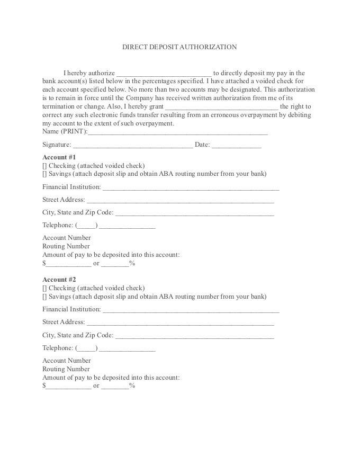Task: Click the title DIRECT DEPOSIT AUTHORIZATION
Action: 179,47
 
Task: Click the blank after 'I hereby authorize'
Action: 164,74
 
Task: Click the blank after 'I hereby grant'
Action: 221,107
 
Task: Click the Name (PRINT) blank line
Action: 177,132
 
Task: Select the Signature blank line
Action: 132,145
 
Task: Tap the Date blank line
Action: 237,145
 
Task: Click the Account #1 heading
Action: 59,157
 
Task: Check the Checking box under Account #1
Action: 44,166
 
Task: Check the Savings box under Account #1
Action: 44,174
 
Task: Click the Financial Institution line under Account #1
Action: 191,187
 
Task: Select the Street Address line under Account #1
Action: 180,200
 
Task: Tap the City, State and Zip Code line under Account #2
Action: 194,336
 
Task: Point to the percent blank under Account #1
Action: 115,264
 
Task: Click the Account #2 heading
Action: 59,280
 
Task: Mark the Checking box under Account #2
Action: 44,288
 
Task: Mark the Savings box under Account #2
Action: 44,297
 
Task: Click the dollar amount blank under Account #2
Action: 68,387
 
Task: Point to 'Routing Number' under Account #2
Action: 66,369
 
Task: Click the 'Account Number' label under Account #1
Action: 67,238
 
